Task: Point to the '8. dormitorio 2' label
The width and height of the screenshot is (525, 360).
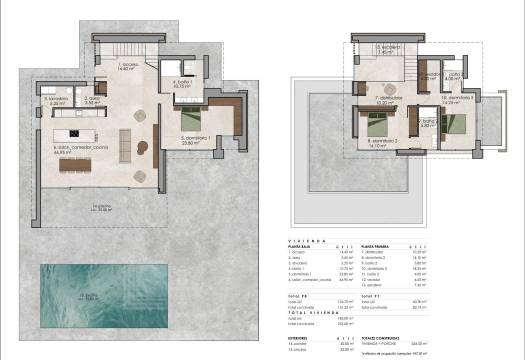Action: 382,143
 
